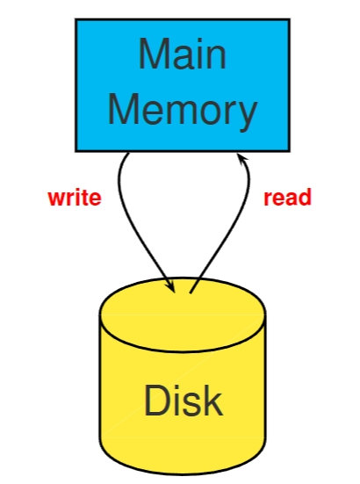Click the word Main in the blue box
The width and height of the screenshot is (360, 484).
182,54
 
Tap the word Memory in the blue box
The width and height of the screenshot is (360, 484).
182,111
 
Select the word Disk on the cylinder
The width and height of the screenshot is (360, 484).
183,401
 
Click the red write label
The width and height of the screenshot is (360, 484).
74,198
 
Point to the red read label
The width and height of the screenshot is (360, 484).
287,198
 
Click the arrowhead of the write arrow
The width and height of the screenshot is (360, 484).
169,285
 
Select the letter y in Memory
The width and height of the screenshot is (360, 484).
247,114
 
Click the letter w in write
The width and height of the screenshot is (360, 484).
54,199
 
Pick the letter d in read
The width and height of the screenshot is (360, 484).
305,198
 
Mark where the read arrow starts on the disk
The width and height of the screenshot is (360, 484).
191,292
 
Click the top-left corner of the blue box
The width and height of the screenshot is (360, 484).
76,20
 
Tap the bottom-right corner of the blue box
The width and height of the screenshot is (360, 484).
289,150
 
